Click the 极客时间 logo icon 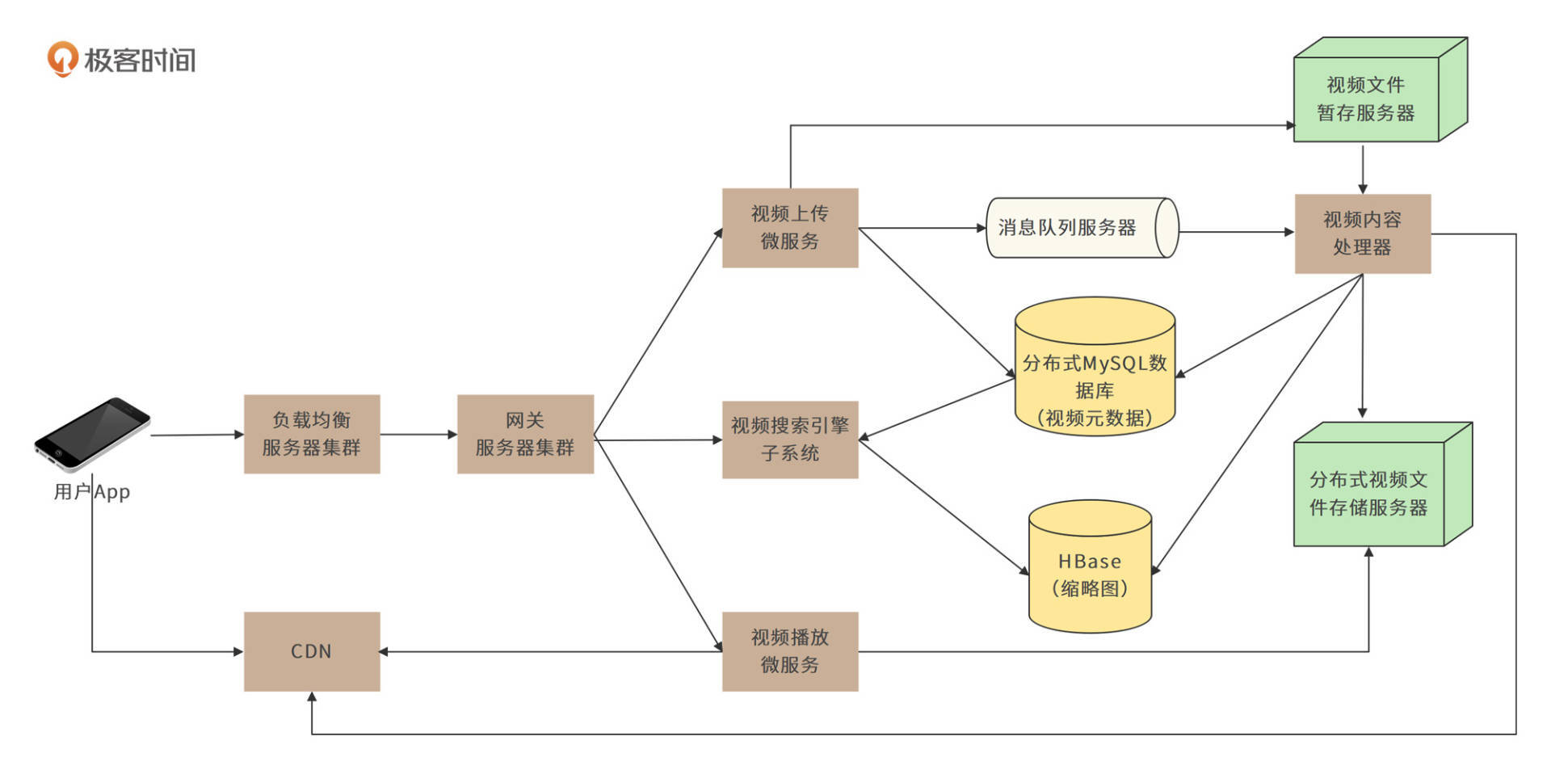(62, 59)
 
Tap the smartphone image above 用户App (91, 434)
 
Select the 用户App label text (91, 491)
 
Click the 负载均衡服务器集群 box (312, 434)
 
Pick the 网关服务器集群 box (525, 434)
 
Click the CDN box (312, 651)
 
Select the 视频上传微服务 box (789, 228)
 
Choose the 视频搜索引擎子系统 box (789, 440)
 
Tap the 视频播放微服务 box (789, 651)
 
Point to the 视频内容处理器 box (1362, 234)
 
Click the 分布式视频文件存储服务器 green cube (1368, 493)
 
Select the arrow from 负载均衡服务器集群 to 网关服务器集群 (418, 434)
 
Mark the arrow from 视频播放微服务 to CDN (549, 651)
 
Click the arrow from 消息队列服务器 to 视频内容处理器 (1236, 232)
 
